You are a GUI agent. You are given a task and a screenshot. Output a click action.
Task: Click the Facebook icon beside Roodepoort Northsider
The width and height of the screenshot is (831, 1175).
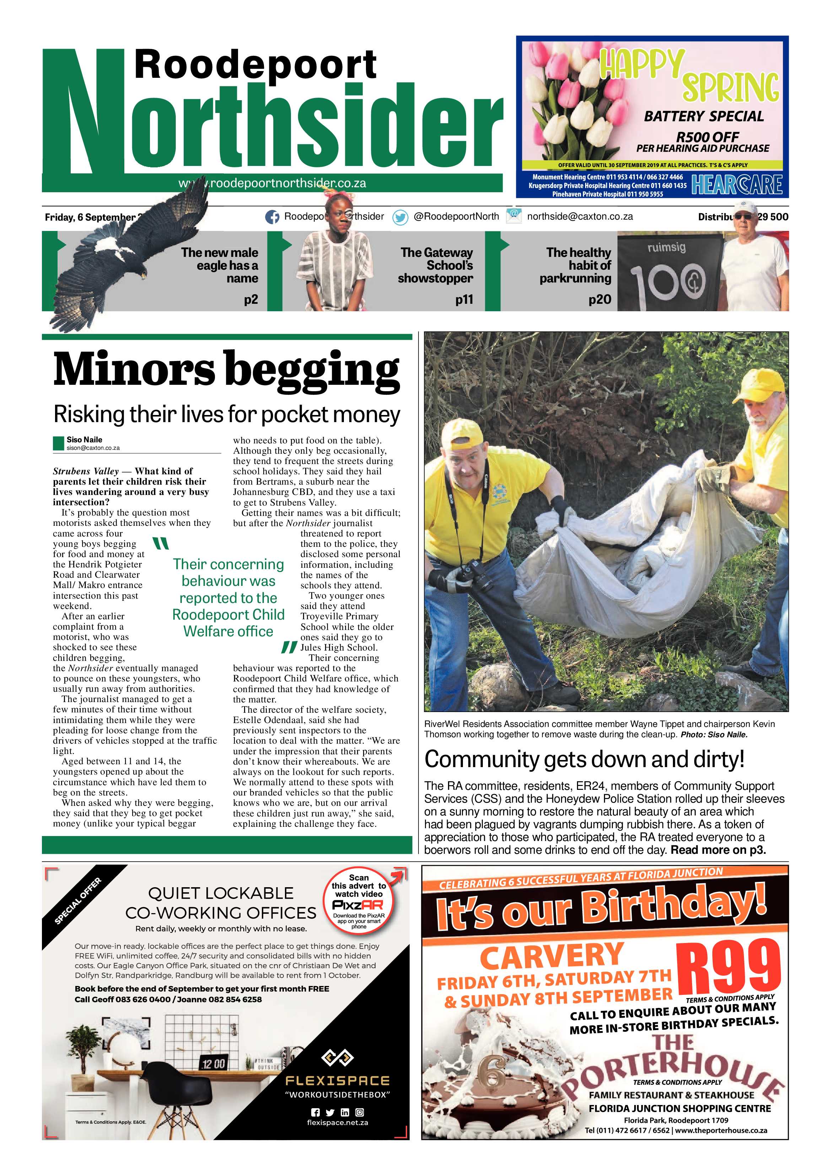[x=272, y=217]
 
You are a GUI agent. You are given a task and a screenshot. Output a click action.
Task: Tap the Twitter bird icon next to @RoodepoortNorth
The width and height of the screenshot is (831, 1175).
[x=400, y=217]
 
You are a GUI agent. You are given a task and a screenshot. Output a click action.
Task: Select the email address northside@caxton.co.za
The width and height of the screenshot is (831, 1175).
[x=580, y=216]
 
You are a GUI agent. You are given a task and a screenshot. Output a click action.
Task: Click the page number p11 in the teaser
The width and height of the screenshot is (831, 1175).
[x=464, y=300]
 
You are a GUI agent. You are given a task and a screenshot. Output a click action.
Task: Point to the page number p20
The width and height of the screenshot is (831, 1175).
[x=600, y=300]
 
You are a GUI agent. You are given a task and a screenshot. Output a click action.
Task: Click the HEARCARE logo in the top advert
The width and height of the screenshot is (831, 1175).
[x=736, y=185]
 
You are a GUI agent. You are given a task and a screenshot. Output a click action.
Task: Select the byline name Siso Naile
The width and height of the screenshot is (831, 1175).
[x=85, y=440]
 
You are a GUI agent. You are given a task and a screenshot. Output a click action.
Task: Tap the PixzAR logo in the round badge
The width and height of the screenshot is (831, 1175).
[x=358, y=905]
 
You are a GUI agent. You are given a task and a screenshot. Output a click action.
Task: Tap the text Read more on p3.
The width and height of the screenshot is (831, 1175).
[x=718, y=850]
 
